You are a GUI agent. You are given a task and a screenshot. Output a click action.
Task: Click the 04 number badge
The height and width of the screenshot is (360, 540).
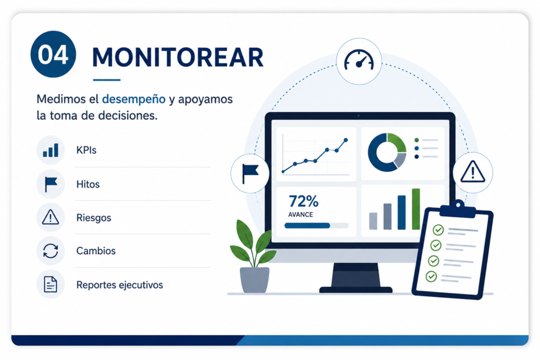[53, 54]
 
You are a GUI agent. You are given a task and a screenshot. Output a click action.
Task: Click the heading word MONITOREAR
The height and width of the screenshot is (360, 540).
[178, 57]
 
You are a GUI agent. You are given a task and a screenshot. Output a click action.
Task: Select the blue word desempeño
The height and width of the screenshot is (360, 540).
[133, 99]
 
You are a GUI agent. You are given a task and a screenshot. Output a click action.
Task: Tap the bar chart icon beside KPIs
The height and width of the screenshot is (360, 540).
[51, 150]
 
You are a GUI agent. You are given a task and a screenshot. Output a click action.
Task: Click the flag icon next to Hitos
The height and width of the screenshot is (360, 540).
[51, 184]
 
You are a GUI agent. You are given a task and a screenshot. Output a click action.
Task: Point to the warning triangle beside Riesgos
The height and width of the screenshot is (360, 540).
[51, 217]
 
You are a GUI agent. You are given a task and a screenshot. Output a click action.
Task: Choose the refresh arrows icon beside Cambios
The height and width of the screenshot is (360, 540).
[51, 250]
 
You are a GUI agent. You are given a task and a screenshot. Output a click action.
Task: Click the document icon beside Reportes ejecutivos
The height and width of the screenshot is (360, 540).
[51, 284]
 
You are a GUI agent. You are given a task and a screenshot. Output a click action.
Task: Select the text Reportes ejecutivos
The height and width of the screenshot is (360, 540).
[120, 285]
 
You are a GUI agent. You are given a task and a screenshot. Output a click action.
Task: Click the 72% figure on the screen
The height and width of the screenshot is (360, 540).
[303, 201]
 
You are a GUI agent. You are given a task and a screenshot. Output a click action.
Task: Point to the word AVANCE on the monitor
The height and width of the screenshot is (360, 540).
[300, 215]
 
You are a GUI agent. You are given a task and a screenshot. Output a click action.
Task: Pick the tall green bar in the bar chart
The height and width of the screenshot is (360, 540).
[416, 209]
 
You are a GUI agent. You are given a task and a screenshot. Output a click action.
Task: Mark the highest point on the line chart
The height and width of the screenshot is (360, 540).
[346, 140]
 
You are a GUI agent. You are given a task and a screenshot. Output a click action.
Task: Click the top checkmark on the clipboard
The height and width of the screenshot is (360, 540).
[438, 230]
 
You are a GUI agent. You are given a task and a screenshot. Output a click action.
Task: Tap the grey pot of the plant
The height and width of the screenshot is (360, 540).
[255, 280]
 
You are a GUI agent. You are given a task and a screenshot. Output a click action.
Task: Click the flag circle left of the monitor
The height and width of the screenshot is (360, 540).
[249, 173]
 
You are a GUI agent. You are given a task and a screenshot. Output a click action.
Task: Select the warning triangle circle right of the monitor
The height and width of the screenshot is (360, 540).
[472, 172]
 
